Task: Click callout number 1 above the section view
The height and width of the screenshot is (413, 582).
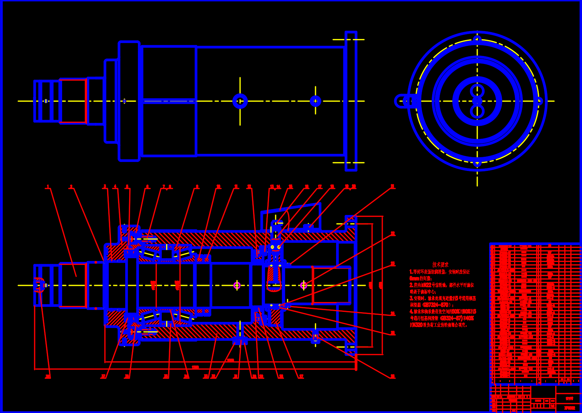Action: [x=47, y=186]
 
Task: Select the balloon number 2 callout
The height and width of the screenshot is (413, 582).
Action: [x=71, y=186]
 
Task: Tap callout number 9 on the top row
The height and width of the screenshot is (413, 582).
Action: [x=197, y=186]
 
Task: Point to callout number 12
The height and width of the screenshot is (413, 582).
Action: [x=249, y=186]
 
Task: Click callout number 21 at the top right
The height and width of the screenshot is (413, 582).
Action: [x=393, y=186]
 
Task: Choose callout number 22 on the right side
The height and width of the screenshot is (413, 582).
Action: [x=393, y=234]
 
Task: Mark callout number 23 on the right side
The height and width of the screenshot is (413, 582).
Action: [x=393, y=264]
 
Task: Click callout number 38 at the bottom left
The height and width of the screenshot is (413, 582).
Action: [x=48, y=377]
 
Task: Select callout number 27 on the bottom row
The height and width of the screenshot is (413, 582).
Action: [x=301, y=377]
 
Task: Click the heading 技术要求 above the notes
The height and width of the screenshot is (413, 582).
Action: [x=440, y=265]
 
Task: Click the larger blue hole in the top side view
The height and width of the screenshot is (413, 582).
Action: [x=240, y=101]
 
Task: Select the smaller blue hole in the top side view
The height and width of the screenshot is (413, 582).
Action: [x=316, y=101]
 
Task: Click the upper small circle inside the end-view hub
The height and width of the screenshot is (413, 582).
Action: [x=477, y=91]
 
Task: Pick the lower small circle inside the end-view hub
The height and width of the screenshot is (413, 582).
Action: [x=477, y=111]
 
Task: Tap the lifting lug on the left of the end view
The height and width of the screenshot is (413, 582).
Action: [x=402, y=101]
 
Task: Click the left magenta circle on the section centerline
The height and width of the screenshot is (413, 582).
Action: [x=237, y=285]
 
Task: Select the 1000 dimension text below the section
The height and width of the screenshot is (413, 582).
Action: [x=230, y=360]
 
